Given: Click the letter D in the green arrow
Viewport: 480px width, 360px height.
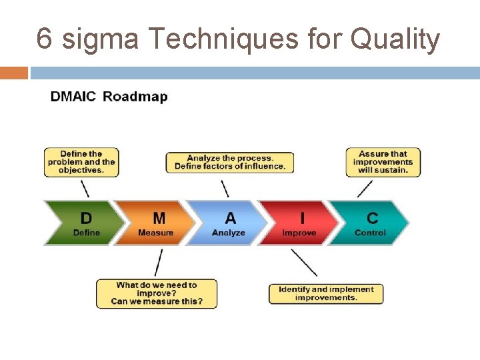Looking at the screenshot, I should coord(86,218).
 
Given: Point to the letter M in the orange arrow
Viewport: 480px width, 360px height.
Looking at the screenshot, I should coord(159,218).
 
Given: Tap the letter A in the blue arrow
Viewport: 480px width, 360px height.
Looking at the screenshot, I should coord(230,218).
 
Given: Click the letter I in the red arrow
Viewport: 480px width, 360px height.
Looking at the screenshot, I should coord(302,218).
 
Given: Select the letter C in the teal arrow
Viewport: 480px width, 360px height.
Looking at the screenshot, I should coord(372,218).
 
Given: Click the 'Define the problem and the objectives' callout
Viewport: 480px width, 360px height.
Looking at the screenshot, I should coord(81,162).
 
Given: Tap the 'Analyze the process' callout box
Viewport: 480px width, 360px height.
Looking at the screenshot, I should coord(230,162).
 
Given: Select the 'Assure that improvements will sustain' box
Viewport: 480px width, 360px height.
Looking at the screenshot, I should coord(383,162).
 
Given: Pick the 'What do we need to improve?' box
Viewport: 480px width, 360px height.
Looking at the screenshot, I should coord(157,293).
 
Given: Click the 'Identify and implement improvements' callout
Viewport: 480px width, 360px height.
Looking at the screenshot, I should coord(326,293).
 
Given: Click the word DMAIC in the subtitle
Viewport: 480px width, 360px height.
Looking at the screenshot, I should coord(73,97).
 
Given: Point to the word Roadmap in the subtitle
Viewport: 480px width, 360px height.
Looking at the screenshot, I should coord(135,97).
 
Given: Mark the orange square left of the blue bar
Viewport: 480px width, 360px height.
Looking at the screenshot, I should coord(14,73).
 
